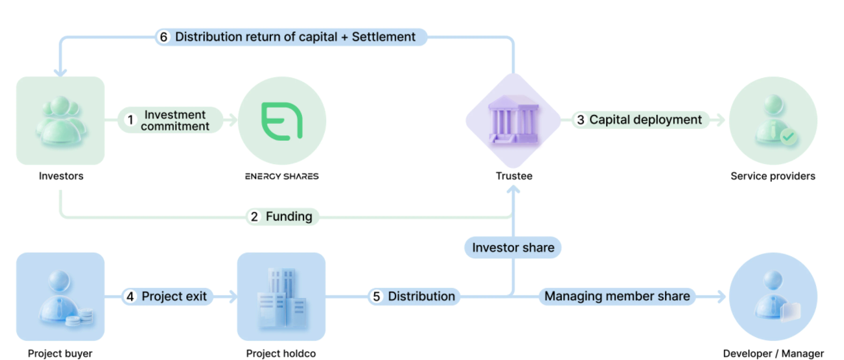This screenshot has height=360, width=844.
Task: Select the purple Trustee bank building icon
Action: coord(513,120)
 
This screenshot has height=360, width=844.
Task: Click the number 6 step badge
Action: coord(163,37)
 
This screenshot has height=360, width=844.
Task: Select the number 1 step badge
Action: coord(130,120)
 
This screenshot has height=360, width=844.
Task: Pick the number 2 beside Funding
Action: coord(254,217)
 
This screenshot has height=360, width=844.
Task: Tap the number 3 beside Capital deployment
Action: coord(580,120)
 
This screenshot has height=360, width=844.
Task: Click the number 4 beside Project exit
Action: coord(130,297)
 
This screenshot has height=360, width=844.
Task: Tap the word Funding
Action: coord(289,217)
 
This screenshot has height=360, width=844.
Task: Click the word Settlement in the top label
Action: coord(383,37)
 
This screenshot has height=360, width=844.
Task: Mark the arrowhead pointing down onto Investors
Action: coord(60,72)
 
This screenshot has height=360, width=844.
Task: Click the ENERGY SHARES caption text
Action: coord(282,176)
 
